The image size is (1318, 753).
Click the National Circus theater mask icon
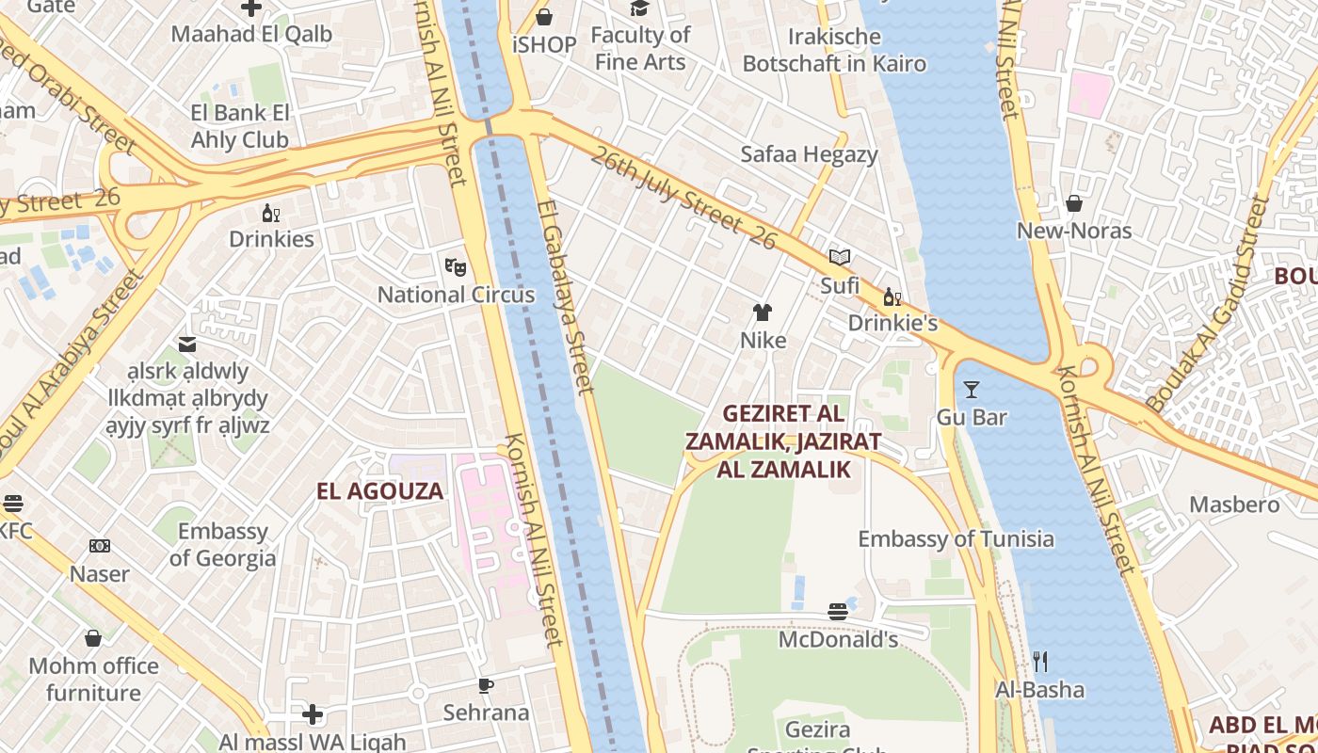coord(456,266)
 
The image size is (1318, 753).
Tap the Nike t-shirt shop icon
coord(763,312)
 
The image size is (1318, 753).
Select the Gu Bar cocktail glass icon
coord(972,389)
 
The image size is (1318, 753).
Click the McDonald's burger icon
coord(838,612)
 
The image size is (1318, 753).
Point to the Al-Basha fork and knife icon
coord(1040,662)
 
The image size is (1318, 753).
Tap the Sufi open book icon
coord(840,257)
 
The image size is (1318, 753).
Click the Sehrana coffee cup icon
coord(486,685)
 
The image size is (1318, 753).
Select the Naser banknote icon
coord(100,546)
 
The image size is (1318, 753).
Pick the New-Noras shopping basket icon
coord(1073,203)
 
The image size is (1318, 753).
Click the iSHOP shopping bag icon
coord(544,17)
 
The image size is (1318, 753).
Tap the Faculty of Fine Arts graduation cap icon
coord(640,8)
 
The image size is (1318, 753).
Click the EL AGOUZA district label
coord(379,490)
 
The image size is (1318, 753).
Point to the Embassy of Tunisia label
coord(956,539)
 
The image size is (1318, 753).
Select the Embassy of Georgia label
coord(223,545)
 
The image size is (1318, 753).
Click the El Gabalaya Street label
coord(565,296)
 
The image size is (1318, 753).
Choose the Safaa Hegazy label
coord(809,154)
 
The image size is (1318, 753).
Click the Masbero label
coord(1234,505)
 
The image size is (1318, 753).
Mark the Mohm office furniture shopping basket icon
coord(93,638)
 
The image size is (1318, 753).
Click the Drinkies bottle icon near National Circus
coord(271,213)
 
